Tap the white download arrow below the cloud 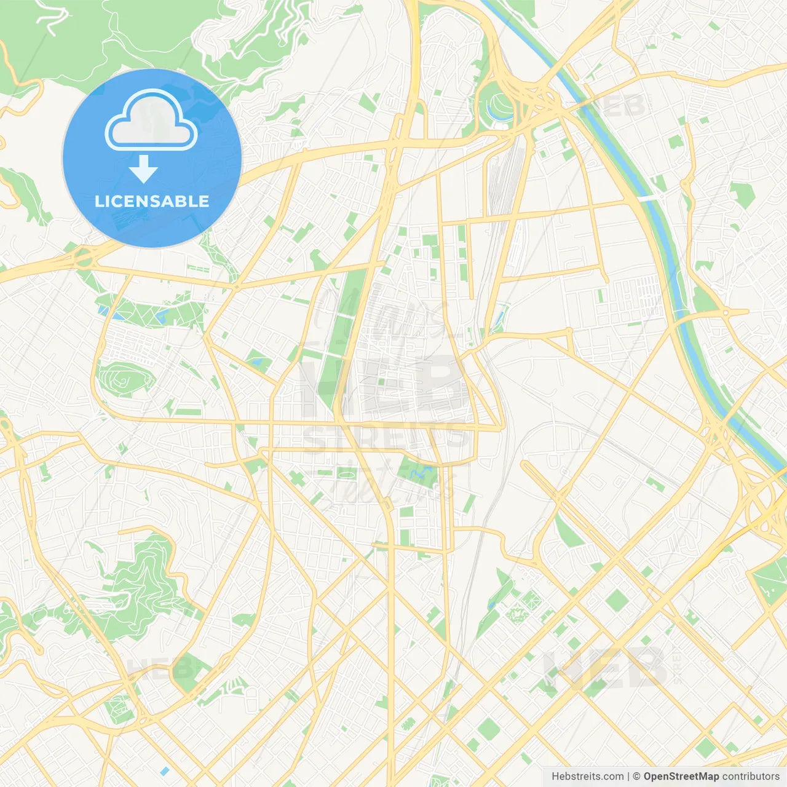click(x=143, y=169)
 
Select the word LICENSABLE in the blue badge click(x=152, y=201)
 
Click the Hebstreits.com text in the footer click(x=588, y=777)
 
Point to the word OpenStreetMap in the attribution click(x=681, y=777)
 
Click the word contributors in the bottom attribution click(x=750, y=777)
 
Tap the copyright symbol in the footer click(x=636, y=777)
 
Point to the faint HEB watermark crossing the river click(x=615, y=106)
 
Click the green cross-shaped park click(x=297, y=478)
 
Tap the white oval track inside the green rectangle click(x=347, y=474)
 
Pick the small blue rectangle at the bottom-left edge click(x=164, y=771)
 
